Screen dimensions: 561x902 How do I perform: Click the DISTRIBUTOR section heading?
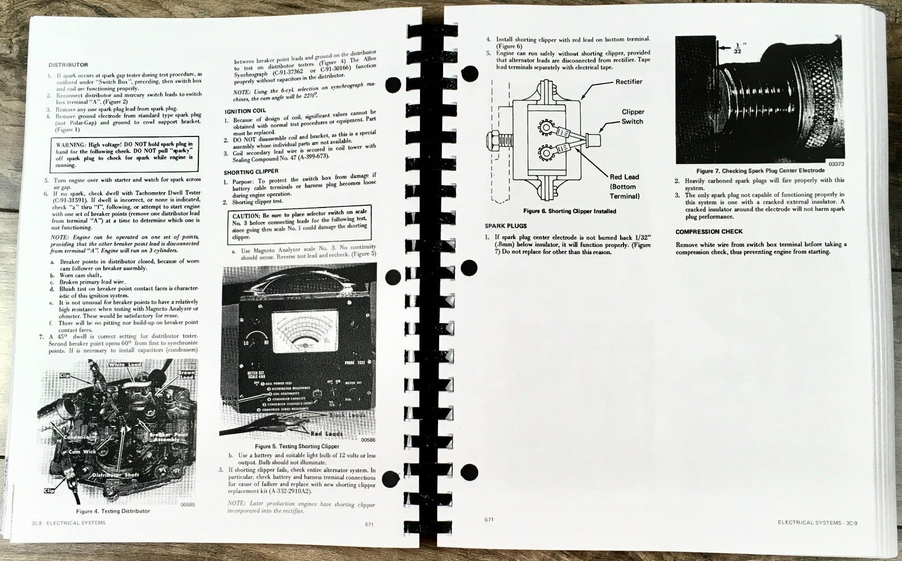tap(68, 65)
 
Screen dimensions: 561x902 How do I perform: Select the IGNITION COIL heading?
tap(245, 111)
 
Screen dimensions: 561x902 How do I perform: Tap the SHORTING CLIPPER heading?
tap(251, 172)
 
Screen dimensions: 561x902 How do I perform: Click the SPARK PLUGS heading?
tap(506, 226)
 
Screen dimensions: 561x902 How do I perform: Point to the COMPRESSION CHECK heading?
tap(709, 232)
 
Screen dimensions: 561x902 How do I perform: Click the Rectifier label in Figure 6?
tap(629, 82)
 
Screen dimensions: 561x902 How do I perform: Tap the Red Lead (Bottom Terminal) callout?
tap(624, 187)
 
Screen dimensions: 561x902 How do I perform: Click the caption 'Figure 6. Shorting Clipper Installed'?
tap(569, 211)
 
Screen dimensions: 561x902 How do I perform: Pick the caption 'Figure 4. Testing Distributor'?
tap(113, 511)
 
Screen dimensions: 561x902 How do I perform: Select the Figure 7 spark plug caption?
tap(760, 171)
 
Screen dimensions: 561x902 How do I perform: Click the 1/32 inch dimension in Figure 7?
tap(738, 48)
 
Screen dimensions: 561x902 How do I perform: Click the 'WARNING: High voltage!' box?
tap(124, 154)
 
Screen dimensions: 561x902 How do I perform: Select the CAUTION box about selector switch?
tap(300, 226)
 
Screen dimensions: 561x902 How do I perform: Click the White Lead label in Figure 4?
tap(125, 365)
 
